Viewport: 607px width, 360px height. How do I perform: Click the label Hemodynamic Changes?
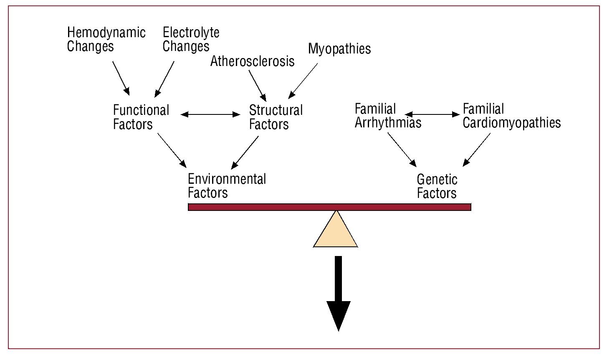click(106, 39)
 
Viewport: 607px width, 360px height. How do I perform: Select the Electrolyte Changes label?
click(191, 39)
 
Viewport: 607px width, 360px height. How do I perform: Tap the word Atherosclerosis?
click(252, 61)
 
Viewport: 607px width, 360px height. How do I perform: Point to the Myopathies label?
click(339, 49)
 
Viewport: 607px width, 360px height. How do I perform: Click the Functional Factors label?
click(141, 117)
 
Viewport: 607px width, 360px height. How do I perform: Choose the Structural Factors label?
click(276, 117)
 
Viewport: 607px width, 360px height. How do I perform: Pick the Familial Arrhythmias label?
click(388, 116)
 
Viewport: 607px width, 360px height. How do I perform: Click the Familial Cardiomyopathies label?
click(511, 116)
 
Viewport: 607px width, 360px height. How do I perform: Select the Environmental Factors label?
click(227, 185)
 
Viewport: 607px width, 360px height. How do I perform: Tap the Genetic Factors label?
click(437, 186)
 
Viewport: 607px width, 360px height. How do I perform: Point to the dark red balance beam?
click(329, 207)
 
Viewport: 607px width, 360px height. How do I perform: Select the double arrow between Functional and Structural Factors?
click(210, 114)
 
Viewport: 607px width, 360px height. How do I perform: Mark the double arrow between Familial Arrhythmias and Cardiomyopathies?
click(432, 114)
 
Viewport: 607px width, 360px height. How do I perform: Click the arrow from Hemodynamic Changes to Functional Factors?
click(121, 79)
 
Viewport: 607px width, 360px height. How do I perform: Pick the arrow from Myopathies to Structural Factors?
click(303, 81)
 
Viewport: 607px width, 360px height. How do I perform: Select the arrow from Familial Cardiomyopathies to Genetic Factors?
click(477, 149)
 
